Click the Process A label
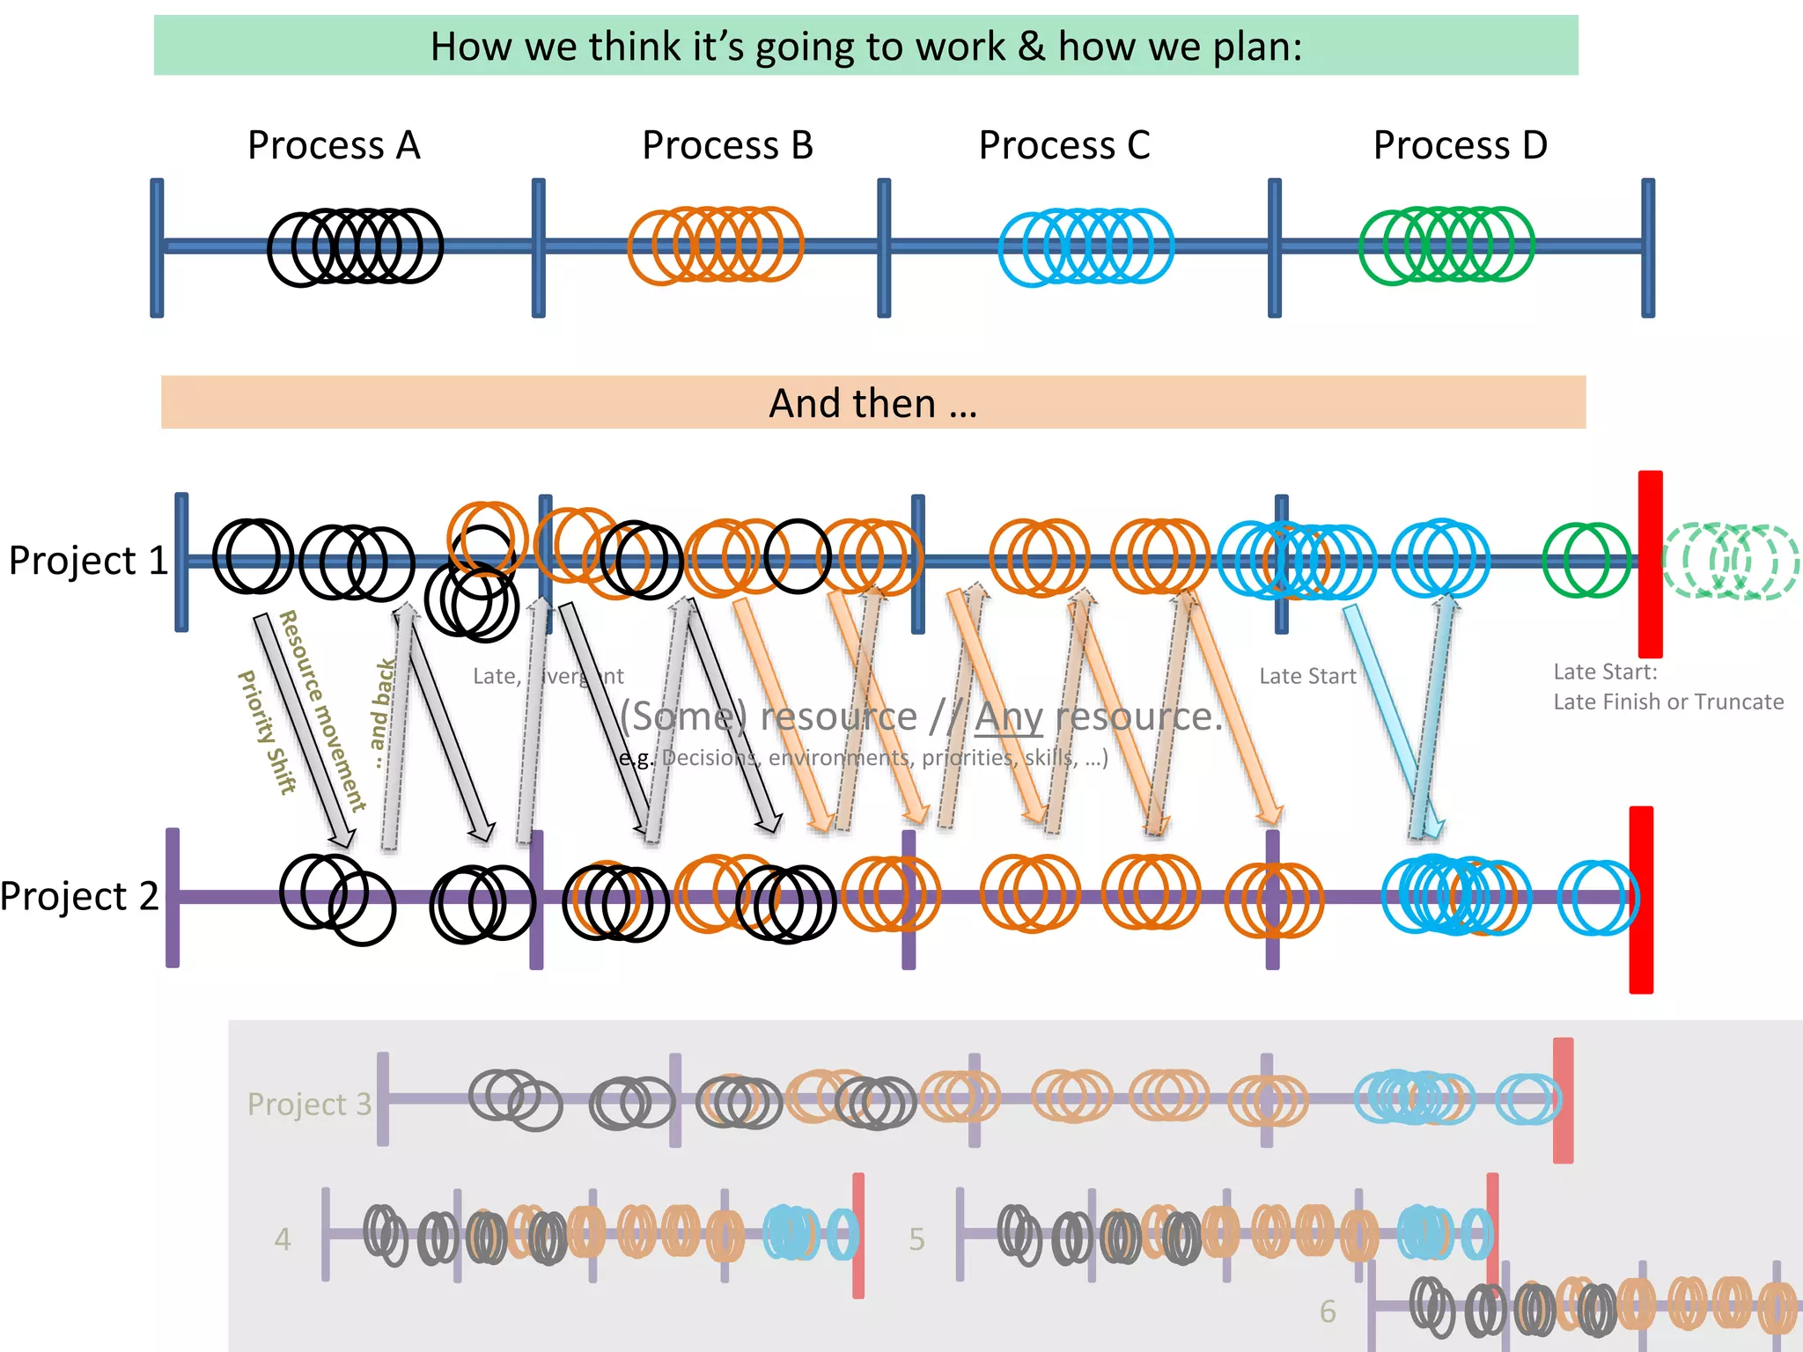pos(334,145)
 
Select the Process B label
pos(727,145)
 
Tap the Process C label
pos(1064,145)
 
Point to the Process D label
pos(1460,145)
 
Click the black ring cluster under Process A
pos(355,247)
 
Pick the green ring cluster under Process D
pos(1446,246)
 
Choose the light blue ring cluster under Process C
pos(1086,247)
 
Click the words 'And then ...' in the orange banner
pos(872,404)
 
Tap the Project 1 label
pos(88,561)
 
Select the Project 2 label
pos(79,897)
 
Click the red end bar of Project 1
pos(1650,563)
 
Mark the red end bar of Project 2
pos(1641,900)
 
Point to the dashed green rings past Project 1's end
pos(1729,562)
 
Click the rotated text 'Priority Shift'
pos(267,732)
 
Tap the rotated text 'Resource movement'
pos(322,709)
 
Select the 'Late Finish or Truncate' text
pos(1668,702)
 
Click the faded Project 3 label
pos(309,1104)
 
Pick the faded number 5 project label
pos(916,1239)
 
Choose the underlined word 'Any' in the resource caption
pos(1008,716)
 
